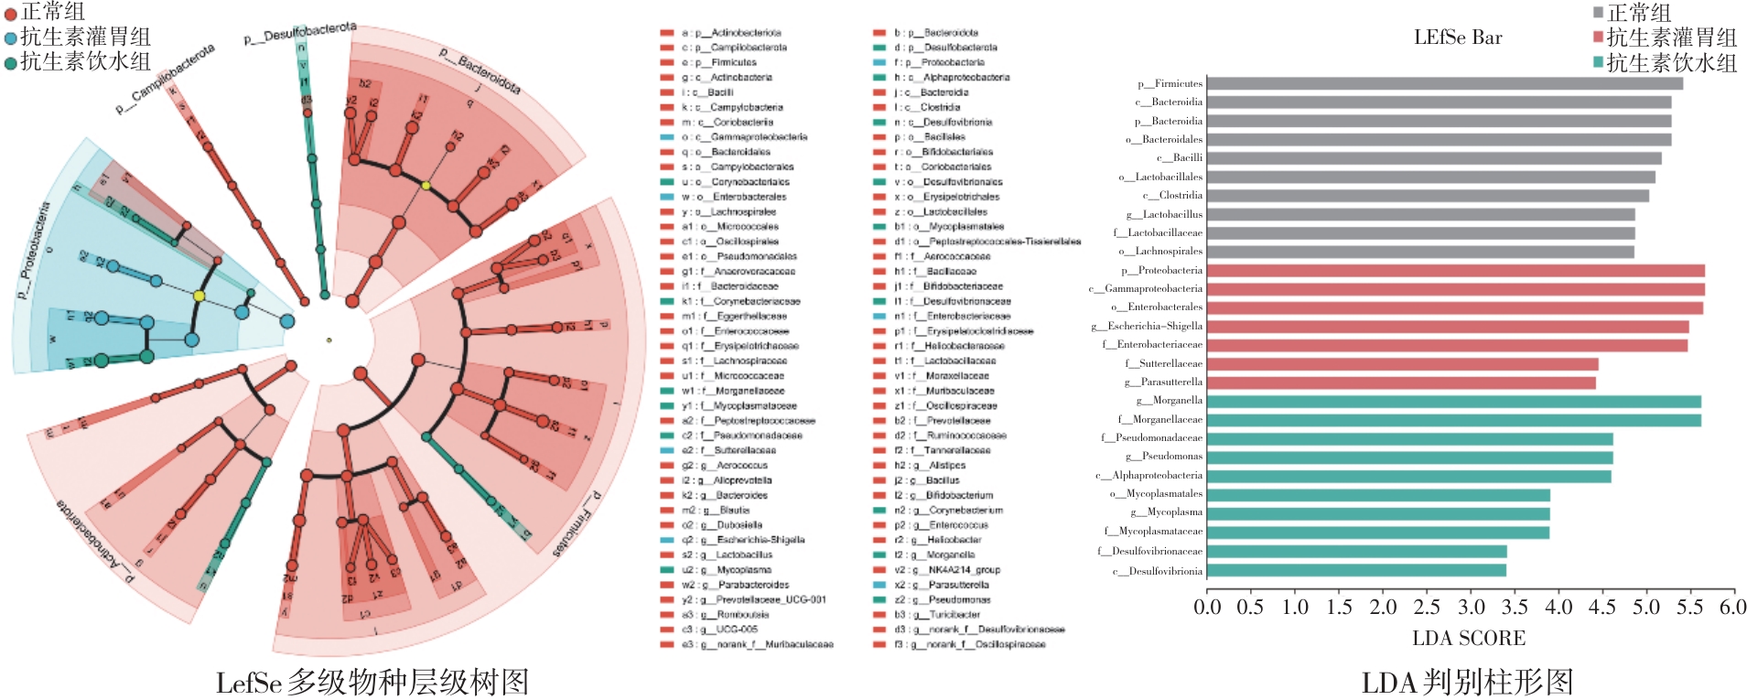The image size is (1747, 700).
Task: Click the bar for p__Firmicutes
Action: pos(1445,83)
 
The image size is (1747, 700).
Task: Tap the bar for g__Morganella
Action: pos(1454,401)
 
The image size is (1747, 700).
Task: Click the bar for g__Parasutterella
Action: pos(1401,382)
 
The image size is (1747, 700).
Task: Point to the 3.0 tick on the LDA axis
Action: pos(1471,608)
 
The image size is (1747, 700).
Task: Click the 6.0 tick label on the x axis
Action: pos(1733,608)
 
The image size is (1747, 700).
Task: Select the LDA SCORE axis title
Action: pos(1469,638)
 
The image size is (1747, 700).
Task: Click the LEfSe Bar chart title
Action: pos(1458,38)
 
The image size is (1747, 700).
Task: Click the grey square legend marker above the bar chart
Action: pos(1598,13)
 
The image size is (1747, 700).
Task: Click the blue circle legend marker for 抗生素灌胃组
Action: pos(10,38)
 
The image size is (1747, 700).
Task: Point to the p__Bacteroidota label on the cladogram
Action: pos(479,70)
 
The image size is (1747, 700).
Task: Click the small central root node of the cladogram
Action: pos(329,340)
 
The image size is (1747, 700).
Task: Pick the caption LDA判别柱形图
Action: pos(1467,682)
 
